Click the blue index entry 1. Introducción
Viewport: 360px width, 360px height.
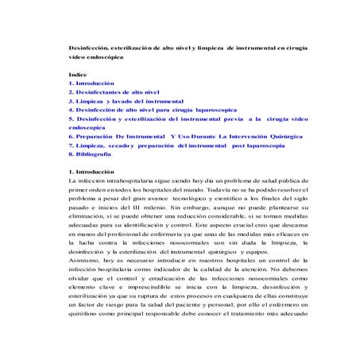pyautogui.click(x=92, y=83)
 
